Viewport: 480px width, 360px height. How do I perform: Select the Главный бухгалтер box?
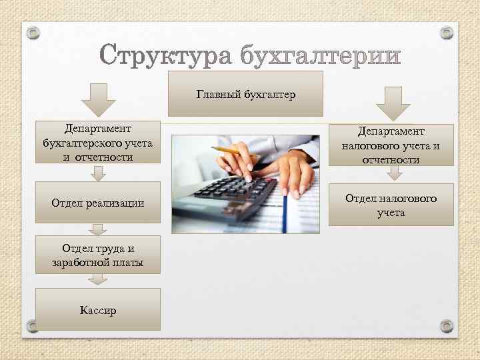coord(245,94)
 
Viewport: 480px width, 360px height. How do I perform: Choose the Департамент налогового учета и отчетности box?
coord(390,145)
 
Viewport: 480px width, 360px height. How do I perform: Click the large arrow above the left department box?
coord(99,101)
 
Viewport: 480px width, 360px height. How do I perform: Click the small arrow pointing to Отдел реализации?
coord(98,173)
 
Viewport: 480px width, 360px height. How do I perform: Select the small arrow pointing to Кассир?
coord(98,281)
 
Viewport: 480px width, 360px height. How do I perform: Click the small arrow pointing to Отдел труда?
coord(98,229)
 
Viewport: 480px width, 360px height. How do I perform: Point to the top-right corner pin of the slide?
coord(447,31)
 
